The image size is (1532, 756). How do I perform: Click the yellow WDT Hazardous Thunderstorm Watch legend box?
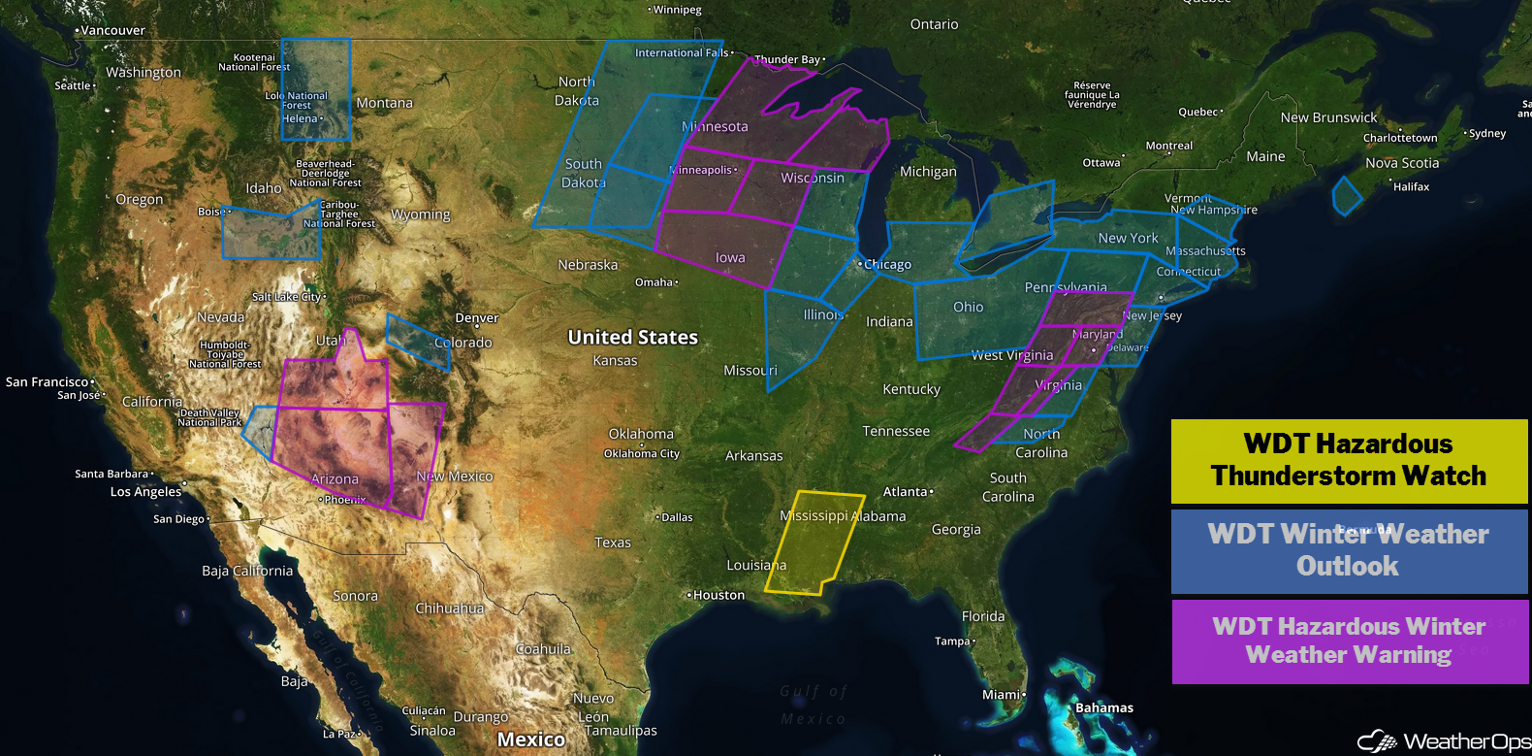[x=1349, y=461]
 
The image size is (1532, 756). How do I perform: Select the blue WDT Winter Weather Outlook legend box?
[x=1349, y=550]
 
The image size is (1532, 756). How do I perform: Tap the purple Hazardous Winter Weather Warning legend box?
[x=1349, y=641]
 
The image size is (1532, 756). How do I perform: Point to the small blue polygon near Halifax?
[x=1347, y=196]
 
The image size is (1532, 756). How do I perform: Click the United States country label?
[x=632, y=337]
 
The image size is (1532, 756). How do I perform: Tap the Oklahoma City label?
[x=641, y=453]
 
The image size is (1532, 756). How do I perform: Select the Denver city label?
[x=476, y=318]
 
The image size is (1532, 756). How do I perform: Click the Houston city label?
[x=718, y=595]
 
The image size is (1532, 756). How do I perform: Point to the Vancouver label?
[x=112, y=30]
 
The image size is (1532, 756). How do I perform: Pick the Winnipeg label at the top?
[x=676, y=10]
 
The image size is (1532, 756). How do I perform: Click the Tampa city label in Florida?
[x=952, y=641]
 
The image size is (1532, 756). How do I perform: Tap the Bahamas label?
[x=1103, y=707]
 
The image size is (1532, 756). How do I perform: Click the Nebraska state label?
[x=588, y=264]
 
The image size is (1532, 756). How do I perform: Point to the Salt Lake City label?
[x=286, y=297]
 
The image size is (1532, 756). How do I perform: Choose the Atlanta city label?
[x=905, y=492]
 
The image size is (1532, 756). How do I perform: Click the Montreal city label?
[x=1168, y=146]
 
